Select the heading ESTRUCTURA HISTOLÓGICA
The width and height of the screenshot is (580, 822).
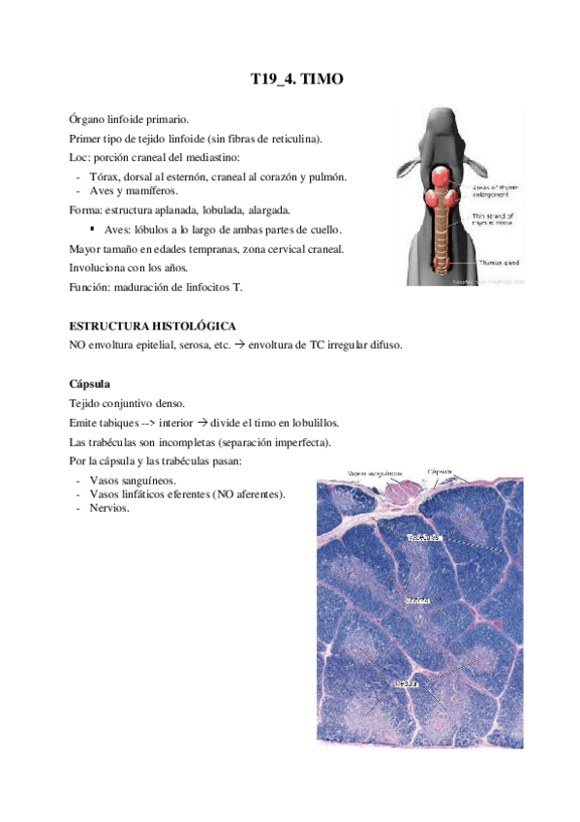tap(152, 326)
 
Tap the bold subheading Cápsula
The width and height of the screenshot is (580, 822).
tap(90, 383)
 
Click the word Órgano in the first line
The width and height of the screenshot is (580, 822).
tap(88, 118)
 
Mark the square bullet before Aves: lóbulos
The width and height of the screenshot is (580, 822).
tap(91, 230)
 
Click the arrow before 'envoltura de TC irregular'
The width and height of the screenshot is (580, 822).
tap(238, 345)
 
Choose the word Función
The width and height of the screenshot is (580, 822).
tap(90, 286)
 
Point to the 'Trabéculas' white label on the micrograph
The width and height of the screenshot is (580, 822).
tap(423, 537)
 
